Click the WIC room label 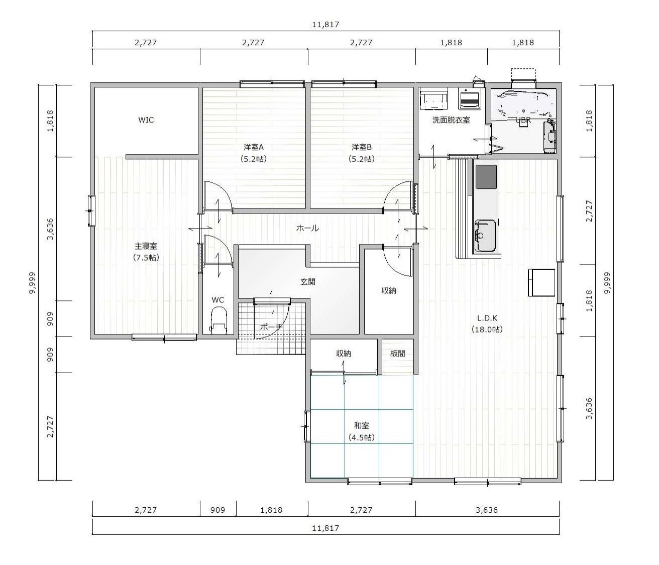[146, 120]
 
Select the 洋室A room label [254, 147]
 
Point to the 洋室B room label [362, 147]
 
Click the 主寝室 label [146, 246]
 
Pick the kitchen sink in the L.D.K [485, 236]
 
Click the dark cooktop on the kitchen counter [486, 177]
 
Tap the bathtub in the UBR [522, 103]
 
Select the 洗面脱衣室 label [451, 120]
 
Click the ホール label [307, 228]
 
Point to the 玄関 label [308, 282]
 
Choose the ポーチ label [271, 327]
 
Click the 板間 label [398, 353]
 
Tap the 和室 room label [362, 425]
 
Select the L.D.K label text [487, 318]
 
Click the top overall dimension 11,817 [325, 25]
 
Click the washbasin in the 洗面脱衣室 [434, 99]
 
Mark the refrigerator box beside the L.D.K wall [541, 283]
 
